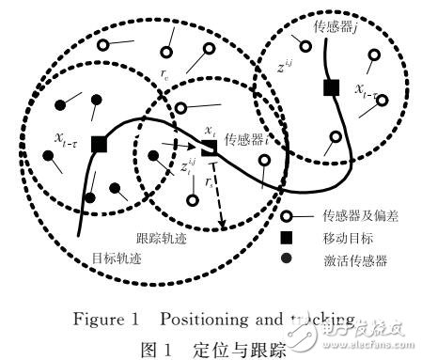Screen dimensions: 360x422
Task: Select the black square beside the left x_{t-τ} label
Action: (x=98, y=144)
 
